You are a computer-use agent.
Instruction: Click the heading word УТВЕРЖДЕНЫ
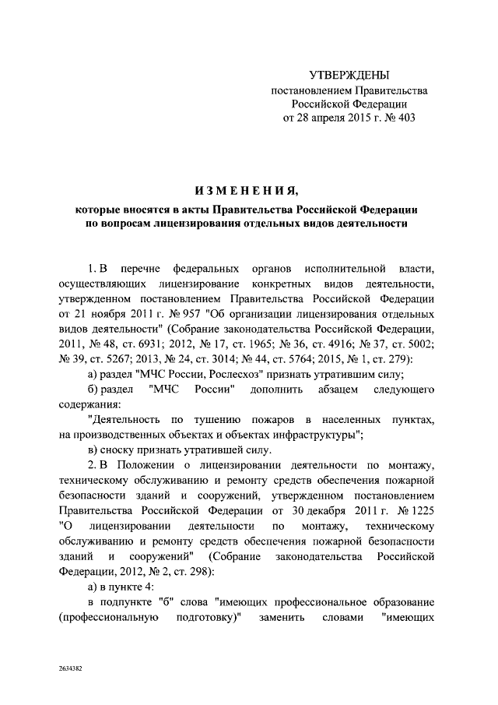(x=349, y=76)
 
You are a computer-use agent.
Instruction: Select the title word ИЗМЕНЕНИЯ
(x=246, y=191)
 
